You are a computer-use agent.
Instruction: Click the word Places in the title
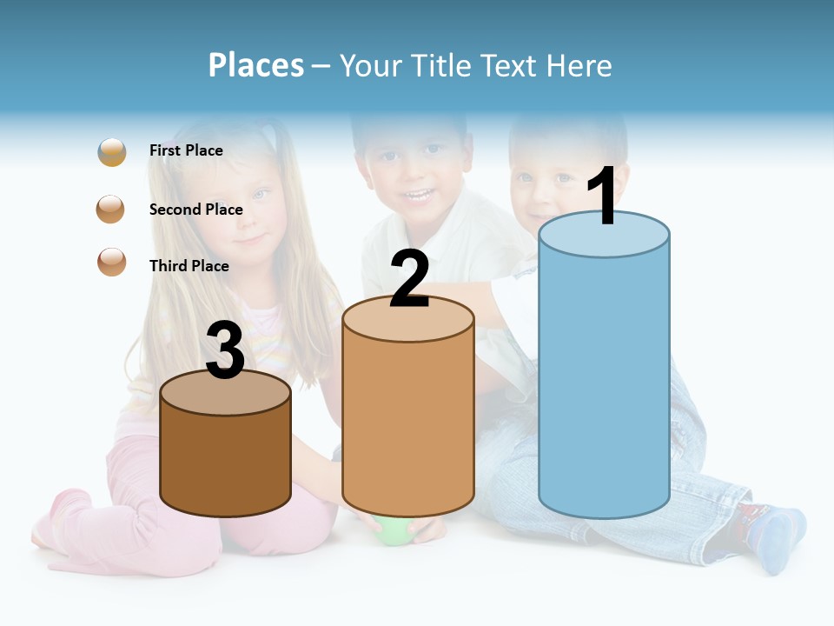point(255,65)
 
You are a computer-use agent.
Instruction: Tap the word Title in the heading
point(440,65)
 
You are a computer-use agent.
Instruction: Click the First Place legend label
point(186,150)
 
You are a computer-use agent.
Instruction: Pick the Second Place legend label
point(195,210)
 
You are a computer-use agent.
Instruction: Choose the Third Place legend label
point(189,266)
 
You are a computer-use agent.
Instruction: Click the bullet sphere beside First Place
point(112,152)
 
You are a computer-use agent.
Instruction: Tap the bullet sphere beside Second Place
point(111,210)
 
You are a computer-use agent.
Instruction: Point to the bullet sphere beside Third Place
point(111,262)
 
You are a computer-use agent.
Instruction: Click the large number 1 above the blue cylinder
point(603,196)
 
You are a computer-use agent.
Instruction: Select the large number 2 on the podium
point(409,279)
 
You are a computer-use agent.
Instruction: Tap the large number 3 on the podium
point(226,350)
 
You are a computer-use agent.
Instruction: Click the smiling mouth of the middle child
point(419,194)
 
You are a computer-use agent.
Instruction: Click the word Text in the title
point(513,65)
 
